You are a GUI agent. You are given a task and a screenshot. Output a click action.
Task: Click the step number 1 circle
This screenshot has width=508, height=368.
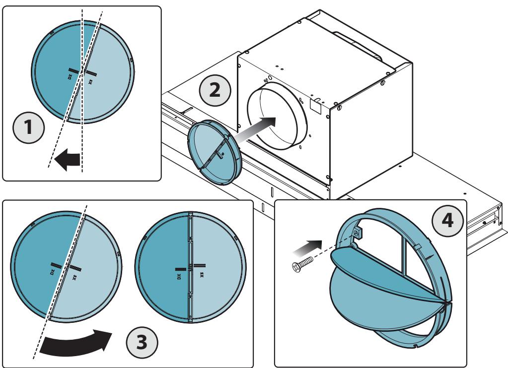point(28,127)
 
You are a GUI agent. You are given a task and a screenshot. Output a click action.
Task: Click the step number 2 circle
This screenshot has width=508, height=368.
point(215,90)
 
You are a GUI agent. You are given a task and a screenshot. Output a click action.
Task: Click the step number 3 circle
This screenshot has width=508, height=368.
point(142,342)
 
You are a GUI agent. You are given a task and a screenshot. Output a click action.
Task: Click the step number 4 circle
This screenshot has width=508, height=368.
point(447,221)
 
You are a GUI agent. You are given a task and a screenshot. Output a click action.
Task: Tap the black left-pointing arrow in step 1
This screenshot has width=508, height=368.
point(67,159)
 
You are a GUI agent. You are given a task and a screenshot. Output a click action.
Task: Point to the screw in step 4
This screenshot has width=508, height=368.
point(302,264)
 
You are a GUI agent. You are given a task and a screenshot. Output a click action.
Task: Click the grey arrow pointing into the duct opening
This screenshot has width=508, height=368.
point(255,129)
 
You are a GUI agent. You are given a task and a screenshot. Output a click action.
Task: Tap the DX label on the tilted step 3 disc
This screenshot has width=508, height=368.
point(53,272)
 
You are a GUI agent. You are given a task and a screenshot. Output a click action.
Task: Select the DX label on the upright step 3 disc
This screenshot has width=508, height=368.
point(178,277)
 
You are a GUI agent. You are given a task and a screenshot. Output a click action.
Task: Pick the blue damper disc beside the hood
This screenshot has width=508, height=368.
point(215,152)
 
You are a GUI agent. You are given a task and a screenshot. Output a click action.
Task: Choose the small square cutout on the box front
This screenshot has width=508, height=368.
point(316,105)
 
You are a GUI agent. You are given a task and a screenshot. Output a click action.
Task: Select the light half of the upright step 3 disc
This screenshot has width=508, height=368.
point(218,267)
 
